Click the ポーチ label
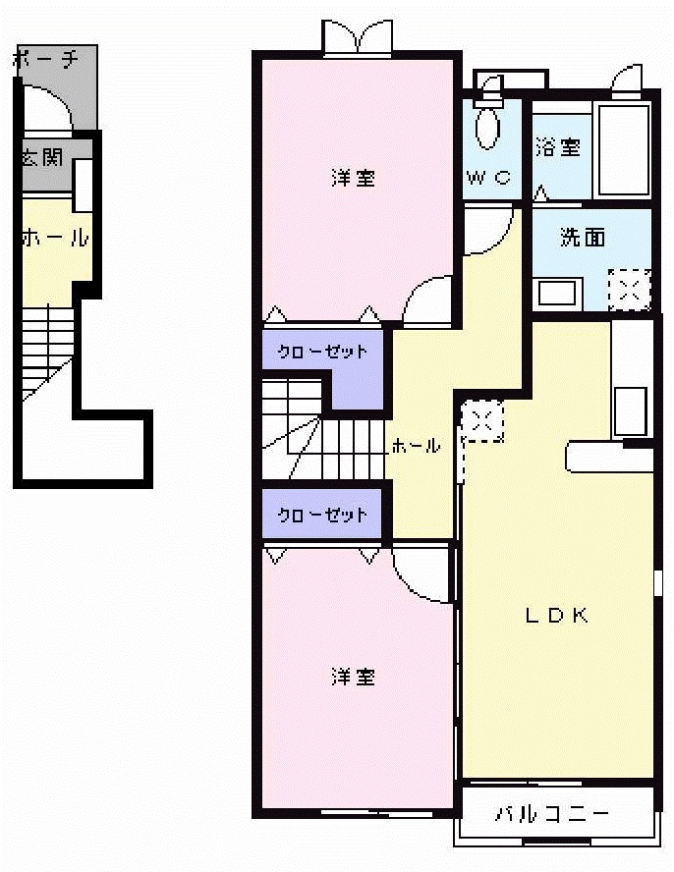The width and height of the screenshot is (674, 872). click(45, 60)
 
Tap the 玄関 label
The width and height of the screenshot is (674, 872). click(43, 157)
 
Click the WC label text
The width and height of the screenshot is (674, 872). click(488, 178)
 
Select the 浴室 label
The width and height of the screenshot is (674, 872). click(558, 147)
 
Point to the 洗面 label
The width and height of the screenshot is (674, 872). click(582, 238)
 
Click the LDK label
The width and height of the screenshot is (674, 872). click(556, 616)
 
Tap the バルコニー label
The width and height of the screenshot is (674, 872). click(552, 814)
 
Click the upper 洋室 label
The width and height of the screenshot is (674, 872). click(353, 178)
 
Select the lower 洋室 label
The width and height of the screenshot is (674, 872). click(353, 677)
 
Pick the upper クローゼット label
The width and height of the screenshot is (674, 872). click(322, 352)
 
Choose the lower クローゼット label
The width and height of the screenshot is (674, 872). click(322, 515)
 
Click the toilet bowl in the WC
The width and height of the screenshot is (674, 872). click(487, 127)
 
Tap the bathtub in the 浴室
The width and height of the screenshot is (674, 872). click(624, 149)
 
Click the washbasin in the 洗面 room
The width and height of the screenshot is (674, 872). click(558, 293)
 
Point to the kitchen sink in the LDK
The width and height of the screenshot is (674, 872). click(630, 410)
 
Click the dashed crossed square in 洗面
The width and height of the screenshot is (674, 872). click(629, 290)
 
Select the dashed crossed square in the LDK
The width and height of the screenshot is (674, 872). click(481, 421)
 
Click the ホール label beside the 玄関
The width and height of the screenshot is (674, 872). click(55, 237)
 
